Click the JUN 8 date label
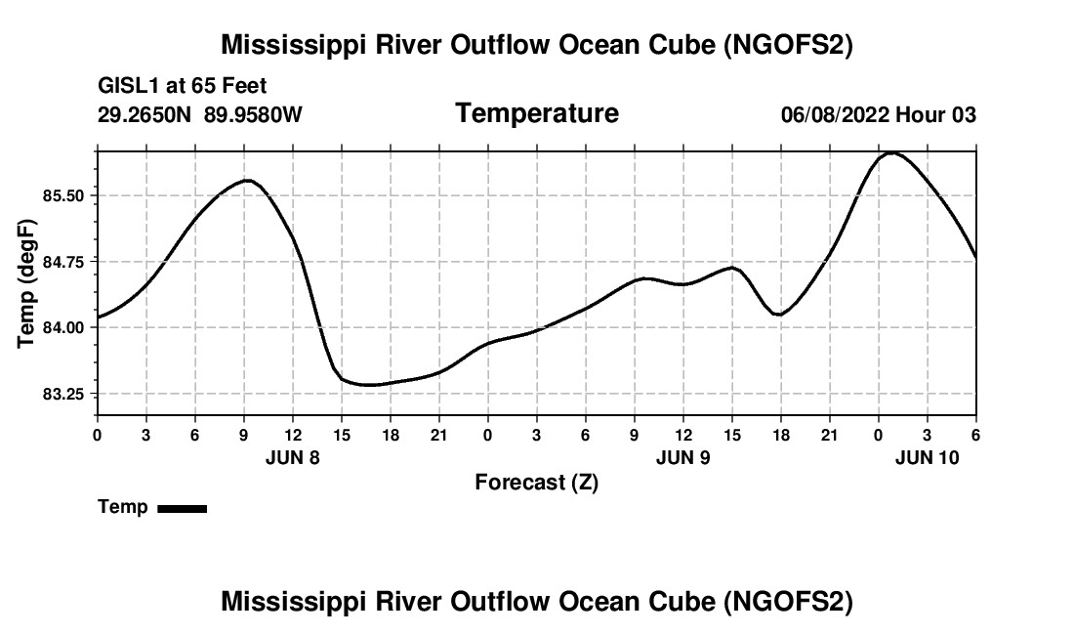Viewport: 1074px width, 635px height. [x=293, y=457]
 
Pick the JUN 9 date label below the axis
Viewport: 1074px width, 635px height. [x=683, y=457]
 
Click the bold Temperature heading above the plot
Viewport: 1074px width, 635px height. [x=537, y=113]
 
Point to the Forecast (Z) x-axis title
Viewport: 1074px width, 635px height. [x=536, y=482]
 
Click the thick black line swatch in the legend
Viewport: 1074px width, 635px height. [x=182, y=508]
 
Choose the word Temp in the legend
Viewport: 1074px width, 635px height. [x=123, y=507]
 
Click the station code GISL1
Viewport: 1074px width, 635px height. [x=128, y=87]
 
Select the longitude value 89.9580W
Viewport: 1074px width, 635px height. [x=253, y=115]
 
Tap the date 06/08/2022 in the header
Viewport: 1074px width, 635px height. [x=835, y=115]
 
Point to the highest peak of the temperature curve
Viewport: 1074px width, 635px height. [x=892, y=152]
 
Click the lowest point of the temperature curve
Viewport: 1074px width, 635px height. [x=368, y=385]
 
